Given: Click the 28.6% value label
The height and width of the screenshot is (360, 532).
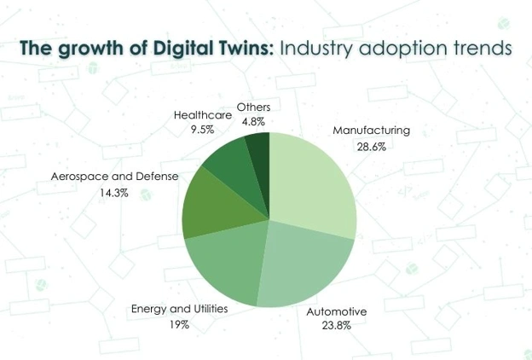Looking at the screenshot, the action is point(372,147).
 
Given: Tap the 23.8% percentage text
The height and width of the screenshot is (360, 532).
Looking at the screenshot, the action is point(336,326).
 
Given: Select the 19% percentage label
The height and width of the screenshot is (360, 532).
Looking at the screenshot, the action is point(179,325).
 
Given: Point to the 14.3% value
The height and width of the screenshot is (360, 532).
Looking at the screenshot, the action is point(114,194).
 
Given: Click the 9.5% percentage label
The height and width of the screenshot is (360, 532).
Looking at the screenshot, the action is point(203,130).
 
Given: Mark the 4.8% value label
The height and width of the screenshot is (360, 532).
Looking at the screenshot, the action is point(253,122).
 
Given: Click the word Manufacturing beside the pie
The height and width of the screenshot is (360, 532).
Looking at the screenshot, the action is point(371,131).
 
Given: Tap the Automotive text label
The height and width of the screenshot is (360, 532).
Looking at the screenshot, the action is point(337,311).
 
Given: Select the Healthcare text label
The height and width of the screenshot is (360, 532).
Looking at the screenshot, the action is point(203,115).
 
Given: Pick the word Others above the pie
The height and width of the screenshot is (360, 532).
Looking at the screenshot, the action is point(253,107).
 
